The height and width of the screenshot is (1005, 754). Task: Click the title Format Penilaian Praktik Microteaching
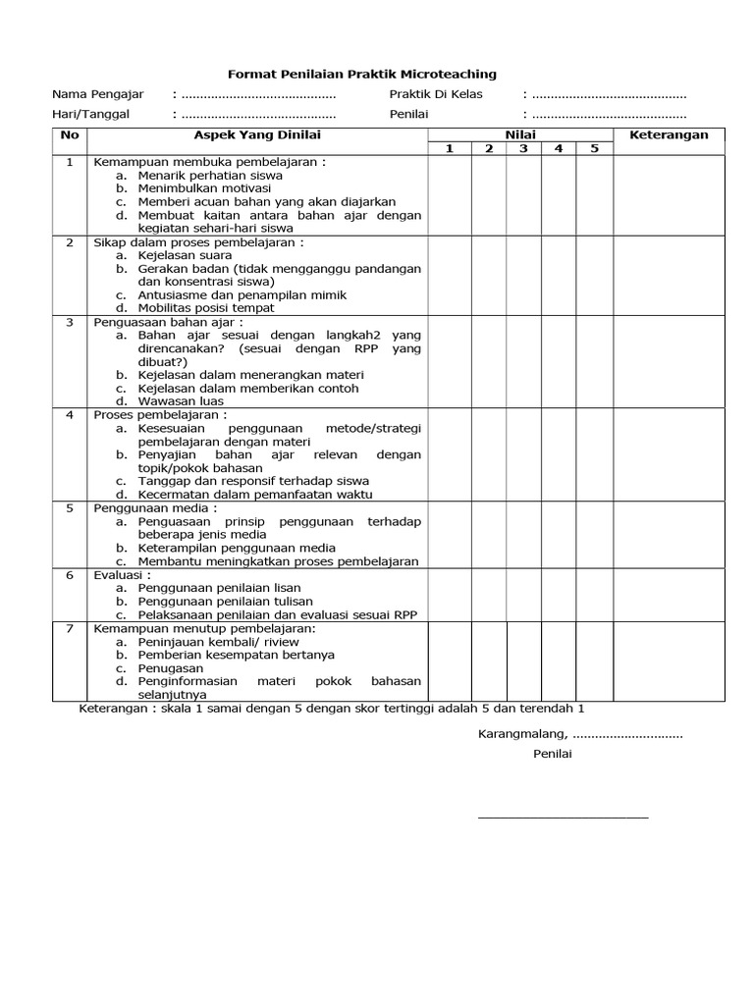361,74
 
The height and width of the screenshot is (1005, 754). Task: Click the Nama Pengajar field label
97,94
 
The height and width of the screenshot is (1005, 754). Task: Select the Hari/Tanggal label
90,114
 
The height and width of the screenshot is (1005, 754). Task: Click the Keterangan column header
668,134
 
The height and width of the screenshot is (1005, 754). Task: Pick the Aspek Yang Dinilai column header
257,134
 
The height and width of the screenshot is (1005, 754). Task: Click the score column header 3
523,148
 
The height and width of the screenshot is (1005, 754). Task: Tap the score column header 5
594,148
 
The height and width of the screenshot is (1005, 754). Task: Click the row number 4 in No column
70,415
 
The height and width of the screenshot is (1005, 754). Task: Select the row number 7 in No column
70,628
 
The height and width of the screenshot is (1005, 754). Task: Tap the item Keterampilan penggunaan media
237,548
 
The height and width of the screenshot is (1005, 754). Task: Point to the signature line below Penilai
563,816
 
